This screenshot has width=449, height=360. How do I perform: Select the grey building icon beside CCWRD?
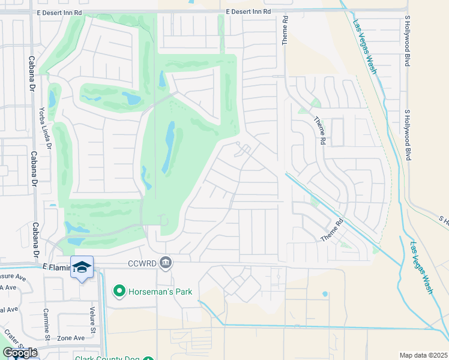point(166,262)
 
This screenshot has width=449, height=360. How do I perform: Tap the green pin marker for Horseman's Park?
point(119,292)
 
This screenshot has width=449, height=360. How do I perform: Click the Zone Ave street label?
point(71,338)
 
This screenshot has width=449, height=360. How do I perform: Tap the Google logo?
point(20,353)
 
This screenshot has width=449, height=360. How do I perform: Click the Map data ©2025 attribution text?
point(423,355)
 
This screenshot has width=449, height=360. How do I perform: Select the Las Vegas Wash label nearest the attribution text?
point(421,267)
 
